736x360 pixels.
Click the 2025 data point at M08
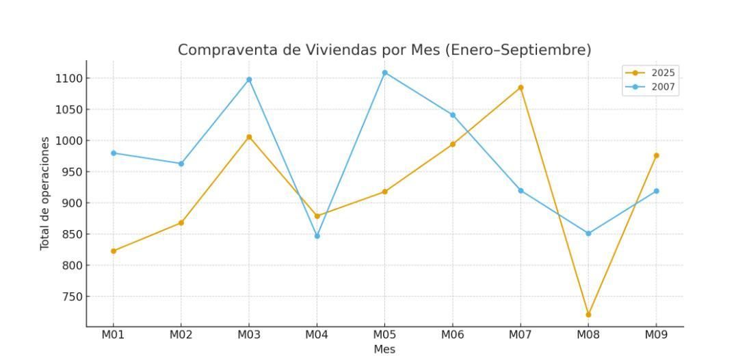pos(588,315)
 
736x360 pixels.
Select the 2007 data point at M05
pos(384,73)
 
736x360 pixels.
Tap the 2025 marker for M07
pos(521,88)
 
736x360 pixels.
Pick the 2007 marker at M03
pos(249,79)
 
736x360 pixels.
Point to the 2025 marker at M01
pos(114,251)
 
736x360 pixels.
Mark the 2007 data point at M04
pos(317,236)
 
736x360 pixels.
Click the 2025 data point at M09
pos(656,155)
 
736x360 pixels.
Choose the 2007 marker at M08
pos(588,233)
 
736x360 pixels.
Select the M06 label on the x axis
pos(452,335)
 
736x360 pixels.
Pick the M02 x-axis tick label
pos(181,335)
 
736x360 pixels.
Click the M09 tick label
pos(656,335)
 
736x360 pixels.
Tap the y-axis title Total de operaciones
pos(45,193)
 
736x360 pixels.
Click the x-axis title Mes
pos(384,349)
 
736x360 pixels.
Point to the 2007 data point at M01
pos(114,153)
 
